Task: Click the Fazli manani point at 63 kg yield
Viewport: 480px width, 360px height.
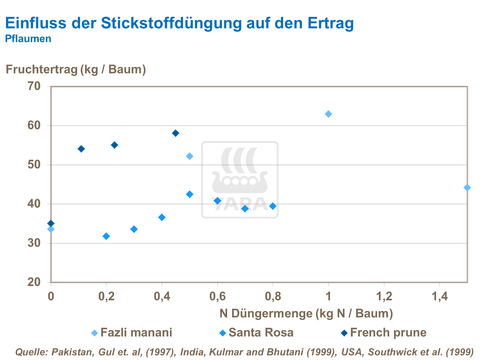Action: (328, 114)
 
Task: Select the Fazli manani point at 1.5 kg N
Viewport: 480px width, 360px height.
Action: (467, 188)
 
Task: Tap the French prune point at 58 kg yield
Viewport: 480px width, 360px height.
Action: (176, 133)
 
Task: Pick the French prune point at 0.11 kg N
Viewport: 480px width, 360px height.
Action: (81, 149)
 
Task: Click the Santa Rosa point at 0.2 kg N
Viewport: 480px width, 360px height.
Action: (106, 236)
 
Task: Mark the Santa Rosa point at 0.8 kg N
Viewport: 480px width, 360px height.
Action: (273, 206)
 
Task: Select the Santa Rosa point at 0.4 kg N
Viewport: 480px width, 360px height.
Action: (162, 217)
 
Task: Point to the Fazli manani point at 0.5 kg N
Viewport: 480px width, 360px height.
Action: (190, 156)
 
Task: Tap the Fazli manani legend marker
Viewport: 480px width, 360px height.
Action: (95, 333)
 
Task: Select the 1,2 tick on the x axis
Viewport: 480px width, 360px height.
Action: (384, 297)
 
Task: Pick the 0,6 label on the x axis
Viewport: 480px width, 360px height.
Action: (217, 297)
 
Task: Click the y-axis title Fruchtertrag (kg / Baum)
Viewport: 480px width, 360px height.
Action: (76, 69)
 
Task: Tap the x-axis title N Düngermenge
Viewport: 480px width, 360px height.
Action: (306, 313)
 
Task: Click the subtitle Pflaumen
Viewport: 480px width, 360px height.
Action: (28, 39)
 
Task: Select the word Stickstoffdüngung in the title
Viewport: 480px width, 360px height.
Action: (171, 23)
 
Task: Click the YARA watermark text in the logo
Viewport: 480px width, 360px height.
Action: (240, 205)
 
